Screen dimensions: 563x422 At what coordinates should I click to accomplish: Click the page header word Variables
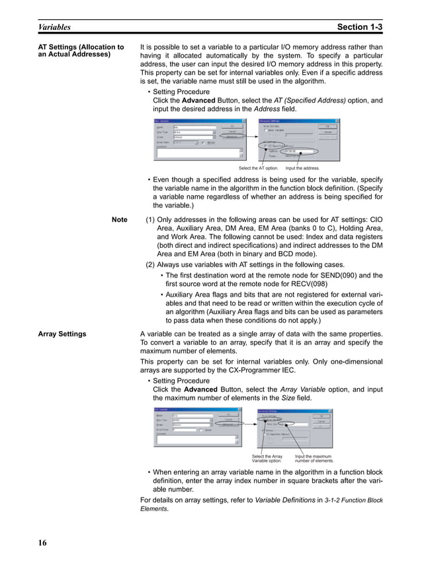coord(54,27)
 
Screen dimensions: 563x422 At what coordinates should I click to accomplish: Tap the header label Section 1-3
coord(359,27)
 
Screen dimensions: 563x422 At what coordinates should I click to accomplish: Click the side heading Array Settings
coord(62,334)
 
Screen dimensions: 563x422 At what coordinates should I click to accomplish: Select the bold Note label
coord(120,219)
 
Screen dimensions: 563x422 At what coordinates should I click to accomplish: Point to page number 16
coord(42,544)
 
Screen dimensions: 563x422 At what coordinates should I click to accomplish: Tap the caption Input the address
coord(302,168)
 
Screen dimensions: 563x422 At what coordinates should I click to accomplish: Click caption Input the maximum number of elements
coord(314,458)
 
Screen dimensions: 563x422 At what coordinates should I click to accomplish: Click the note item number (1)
coord(150,219)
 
